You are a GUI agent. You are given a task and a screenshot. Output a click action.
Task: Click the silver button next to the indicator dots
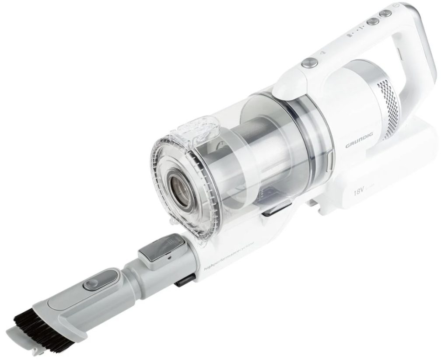coord(373,21)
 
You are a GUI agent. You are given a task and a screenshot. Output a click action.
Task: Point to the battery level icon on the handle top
coord(348,35)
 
